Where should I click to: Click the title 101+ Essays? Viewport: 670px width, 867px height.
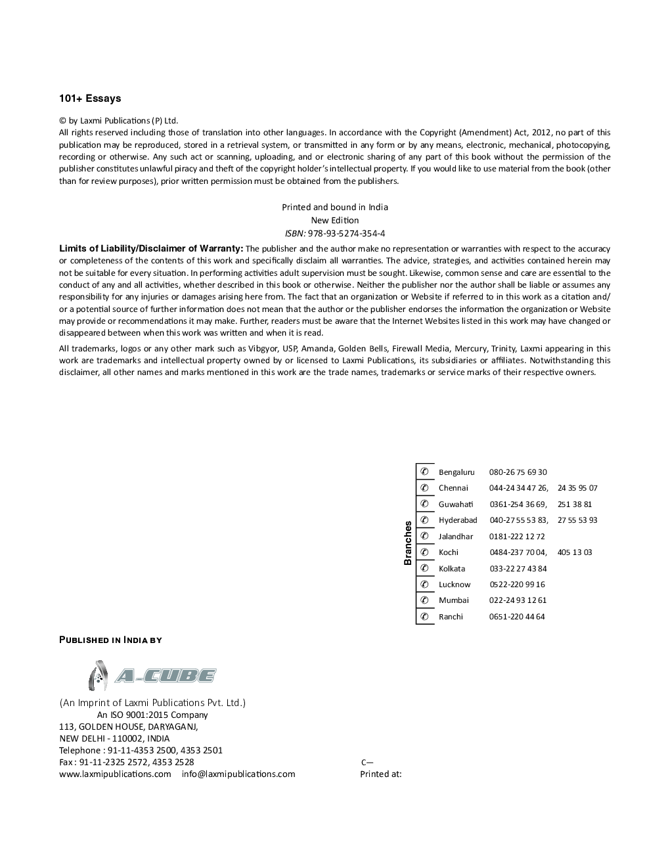coord(90,99)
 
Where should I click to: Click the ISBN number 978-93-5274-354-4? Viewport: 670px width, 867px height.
coord(346,233)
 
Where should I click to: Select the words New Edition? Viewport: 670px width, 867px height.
coord(335,220)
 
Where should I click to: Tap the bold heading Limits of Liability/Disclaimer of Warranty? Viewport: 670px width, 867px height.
coord(151,248)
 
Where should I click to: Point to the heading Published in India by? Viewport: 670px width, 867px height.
coord(110,640)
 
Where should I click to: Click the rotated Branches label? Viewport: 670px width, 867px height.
coord(408,543)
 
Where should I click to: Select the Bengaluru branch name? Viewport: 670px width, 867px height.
coord(457,472)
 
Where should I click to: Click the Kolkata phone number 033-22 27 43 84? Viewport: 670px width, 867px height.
coord(518,569)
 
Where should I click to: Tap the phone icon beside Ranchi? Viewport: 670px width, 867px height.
coord(425,616)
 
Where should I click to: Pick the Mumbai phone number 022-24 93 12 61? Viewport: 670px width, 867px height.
coord(518,600)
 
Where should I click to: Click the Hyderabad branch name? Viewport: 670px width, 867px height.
coord(458,520)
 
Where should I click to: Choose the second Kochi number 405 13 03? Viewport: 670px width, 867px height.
coord(574,552)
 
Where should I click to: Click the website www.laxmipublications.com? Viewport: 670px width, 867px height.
coord(115,774)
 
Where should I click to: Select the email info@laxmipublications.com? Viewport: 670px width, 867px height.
coord(238,774)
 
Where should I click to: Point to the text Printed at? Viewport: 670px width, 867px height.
coord(380,774)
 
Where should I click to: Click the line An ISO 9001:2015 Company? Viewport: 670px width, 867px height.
coord(152,715)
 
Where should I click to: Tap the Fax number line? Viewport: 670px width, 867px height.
coord(126,762)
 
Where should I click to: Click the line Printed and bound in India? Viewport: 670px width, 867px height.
coord(335,207)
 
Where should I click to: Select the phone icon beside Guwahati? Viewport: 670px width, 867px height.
coord(425,504)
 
